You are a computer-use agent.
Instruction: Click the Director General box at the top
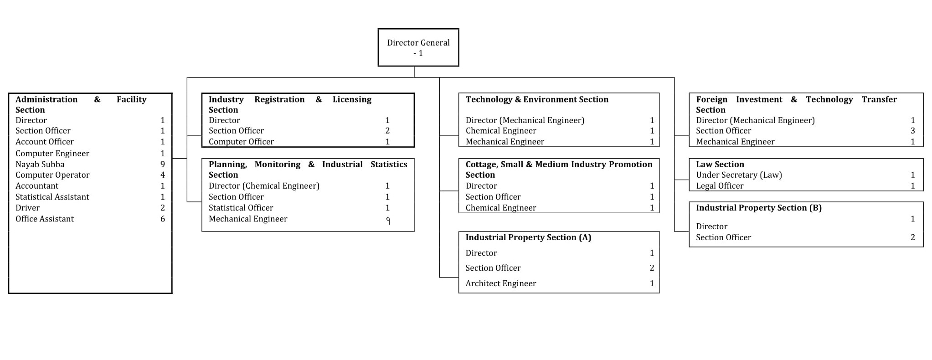[418, 47]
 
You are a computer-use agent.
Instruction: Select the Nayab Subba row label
[40, 165]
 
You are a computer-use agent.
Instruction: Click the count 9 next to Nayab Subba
[163, 165]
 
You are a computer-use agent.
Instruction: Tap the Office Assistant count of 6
[163, 219]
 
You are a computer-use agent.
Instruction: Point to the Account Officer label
[44, 142]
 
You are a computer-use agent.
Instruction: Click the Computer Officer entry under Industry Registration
[241, 142]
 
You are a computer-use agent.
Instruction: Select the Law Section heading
[720, 165]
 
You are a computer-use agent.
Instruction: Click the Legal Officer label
[719, 186]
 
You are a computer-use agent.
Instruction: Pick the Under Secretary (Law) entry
[738, 175]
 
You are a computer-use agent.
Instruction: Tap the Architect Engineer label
[500, 283]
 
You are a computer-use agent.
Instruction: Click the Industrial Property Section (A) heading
[528, 237]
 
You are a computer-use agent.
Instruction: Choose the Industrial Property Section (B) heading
[758, 208]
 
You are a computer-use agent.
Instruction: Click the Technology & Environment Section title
[536, 99]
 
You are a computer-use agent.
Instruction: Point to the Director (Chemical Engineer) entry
[264, 186]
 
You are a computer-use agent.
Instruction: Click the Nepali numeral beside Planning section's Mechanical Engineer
[388, 221]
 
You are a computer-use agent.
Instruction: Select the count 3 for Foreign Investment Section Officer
[912, 131]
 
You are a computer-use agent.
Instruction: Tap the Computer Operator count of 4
[163, 175]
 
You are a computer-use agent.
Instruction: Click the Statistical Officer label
[241, 208]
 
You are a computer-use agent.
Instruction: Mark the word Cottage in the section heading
[482, 165]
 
